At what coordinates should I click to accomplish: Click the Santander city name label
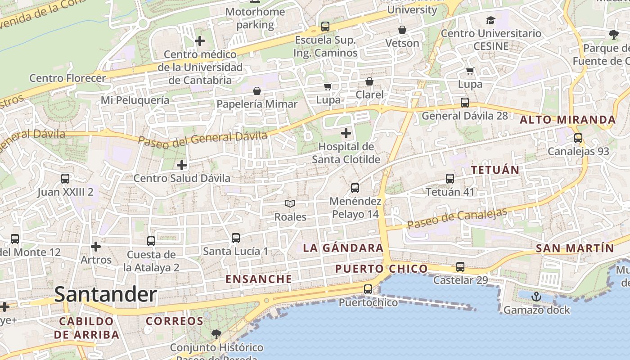tap(106, 295)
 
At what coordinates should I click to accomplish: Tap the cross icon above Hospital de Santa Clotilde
tap(346, 133)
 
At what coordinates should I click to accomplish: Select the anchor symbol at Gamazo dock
tap(536, 297)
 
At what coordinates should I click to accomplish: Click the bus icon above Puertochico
tap(368, 289)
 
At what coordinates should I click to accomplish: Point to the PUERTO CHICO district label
tap(381, 269)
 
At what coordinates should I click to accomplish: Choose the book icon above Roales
tap(290, 204)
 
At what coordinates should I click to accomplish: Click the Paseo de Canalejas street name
tap(457, 218)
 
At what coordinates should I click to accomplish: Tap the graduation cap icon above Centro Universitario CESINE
tap(490, 20)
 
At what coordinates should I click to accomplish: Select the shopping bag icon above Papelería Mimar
tap(257, 91)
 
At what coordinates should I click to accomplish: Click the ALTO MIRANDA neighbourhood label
tap(567, 120)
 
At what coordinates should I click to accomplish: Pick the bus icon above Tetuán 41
tap(450, 179)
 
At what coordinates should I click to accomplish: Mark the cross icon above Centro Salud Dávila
tap(182, 165)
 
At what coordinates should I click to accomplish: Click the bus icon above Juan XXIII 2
tap(65, 179)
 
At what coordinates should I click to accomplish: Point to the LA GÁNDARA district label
tap(343, 248)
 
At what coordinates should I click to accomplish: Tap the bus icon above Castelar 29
tap(460, 267)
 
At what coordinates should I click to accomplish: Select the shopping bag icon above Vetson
tap(402, 30)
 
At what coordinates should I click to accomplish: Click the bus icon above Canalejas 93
tap(578, 138)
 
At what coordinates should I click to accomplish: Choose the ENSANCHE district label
tap(259, 279)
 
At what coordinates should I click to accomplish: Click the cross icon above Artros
tap(96, 247)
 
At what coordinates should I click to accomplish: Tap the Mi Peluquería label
tap(135, 100)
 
